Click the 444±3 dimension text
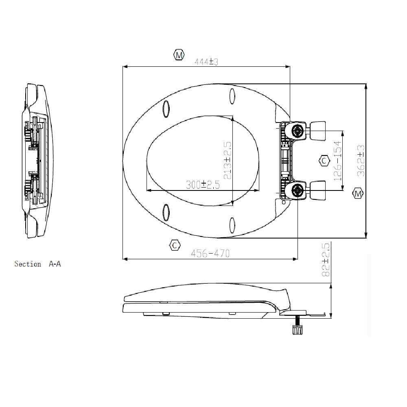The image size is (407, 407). pyautogui.click(x=206, y=62)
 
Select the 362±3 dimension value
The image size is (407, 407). pyautogui.click(x=361, y=161)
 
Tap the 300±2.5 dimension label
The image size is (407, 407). pyautogui.click(x=203, y=184)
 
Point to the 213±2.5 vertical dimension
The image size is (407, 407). pyautogui.click(x=227, y=160)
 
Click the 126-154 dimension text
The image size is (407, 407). pyautogui.click(x=337, y=161)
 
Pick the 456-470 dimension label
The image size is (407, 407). pyautogui.click(x=210, y=253)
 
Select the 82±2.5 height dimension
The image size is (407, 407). pyautogui.click(x=326, y=260)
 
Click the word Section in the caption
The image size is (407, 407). pyautogui.click(x=28, y=264)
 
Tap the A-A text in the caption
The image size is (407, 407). pyautogui.click(x=55, y=264)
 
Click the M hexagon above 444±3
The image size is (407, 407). pyautogui.click(x=179, y=55)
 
